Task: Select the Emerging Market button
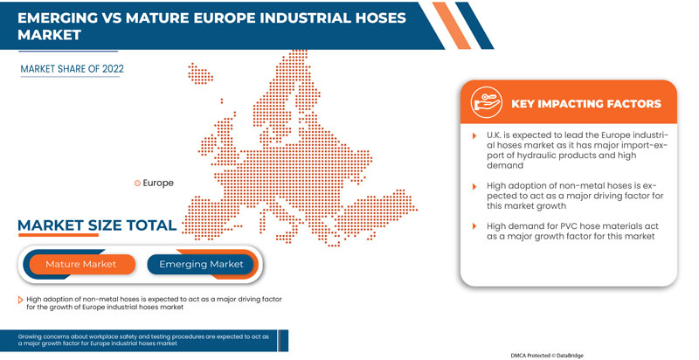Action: tap(201, 264)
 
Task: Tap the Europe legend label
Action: tap(158, 183)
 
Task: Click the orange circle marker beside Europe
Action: tap(137, 183)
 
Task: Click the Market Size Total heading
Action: tap(97, 226)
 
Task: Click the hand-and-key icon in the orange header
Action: tap(486, 101)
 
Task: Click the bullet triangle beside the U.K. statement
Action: tap(475, 137)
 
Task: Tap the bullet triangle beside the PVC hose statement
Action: tap(475, 227)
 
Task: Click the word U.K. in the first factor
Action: tap(496, 137)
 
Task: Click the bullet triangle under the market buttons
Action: tap(20, 299)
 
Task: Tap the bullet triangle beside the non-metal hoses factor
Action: tap(475, 187)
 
